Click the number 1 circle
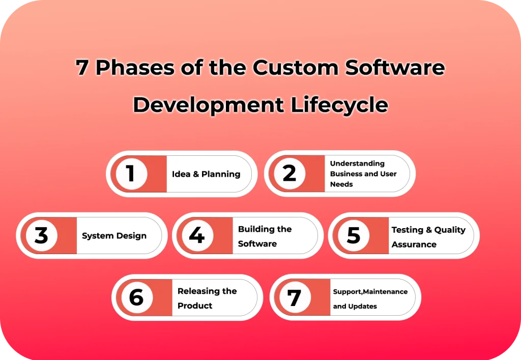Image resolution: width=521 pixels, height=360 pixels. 131,174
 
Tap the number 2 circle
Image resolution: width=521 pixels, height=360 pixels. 290,174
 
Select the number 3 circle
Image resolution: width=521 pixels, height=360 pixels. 41,236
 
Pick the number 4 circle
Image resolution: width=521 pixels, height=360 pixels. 197,236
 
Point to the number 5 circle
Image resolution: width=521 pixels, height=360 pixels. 354,236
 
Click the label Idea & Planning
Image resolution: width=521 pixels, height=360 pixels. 206,174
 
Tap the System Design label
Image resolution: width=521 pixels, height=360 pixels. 114,236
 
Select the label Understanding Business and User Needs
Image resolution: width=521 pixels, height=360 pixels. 363,174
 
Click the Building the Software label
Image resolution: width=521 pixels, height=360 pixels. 265,236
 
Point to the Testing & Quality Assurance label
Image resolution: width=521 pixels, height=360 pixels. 428,237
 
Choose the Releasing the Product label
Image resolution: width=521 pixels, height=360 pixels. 207,298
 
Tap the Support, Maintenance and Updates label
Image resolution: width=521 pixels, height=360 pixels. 370,299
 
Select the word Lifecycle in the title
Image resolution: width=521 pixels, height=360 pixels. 339,104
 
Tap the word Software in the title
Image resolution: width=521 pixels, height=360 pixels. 396,68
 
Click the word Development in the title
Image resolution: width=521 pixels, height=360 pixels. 208,104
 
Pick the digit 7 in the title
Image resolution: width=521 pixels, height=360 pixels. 81,68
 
